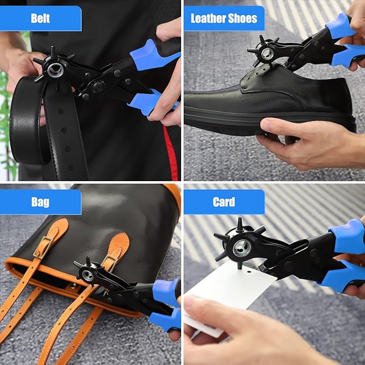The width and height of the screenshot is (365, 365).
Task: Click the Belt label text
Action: point(40,19)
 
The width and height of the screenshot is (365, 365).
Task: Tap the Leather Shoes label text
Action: point(224,19)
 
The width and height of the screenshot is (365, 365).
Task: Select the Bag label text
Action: point(40,202)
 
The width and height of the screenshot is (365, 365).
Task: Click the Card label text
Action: point(224,202)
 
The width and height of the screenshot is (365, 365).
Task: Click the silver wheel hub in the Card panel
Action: point(241,247)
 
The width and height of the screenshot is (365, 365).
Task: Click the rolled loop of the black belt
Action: point(27,121)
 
